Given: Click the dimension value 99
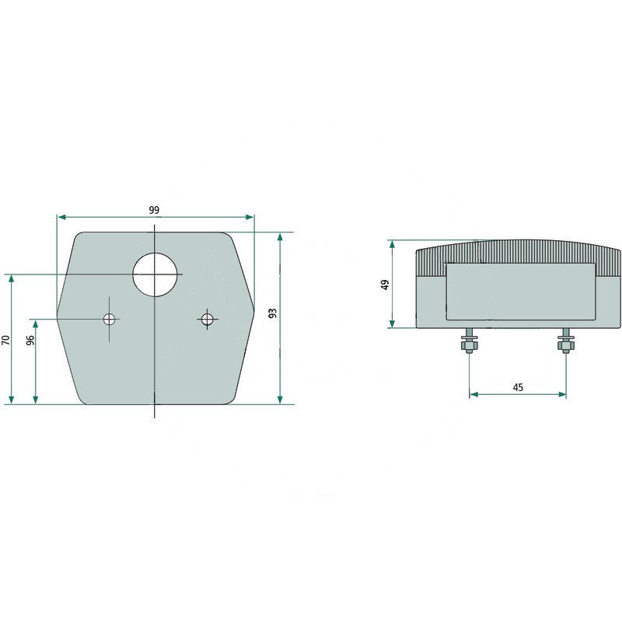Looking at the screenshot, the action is (x=154, y=210).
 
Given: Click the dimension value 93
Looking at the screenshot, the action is (x=273, y=313).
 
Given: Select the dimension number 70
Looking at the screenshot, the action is (x=5, y=340).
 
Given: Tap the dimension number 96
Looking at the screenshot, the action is (x=30, y=340).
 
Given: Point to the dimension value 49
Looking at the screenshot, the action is (x=385, y=285).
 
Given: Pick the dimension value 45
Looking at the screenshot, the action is (x=518, y=386).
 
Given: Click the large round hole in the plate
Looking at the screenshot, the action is (x=155, y=274).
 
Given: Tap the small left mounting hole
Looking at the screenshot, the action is (x=109, y=319).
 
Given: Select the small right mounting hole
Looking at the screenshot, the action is (x=207, y=319).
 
